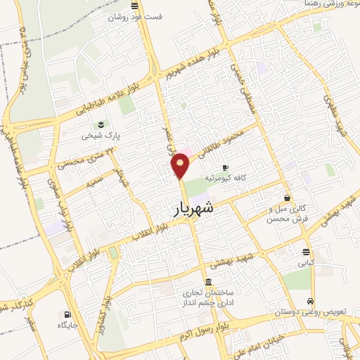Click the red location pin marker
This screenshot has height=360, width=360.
pos(181,164)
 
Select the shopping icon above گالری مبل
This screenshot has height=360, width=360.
pos(287,198)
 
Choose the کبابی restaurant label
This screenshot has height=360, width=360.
pos(306,263)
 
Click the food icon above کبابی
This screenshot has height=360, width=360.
pos(306,252)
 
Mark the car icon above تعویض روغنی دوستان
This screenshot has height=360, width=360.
pos(310,302)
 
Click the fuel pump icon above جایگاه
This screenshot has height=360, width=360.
pos(67,314)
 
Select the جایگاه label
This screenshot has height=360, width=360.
pos(68,325)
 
